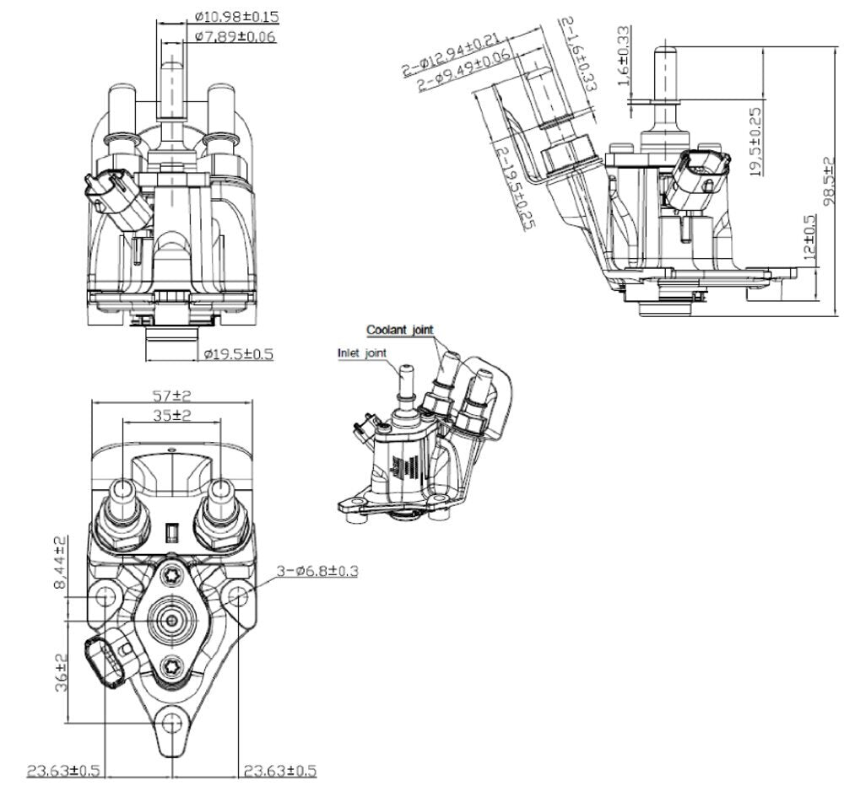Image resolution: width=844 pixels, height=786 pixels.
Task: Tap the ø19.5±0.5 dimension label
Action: pos(239,354)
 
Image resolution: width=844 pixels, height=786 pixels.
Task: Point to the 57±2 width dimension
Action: pos(172,396)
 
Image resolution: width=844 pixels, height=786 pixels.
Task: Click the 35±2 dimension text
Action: pos(172,415)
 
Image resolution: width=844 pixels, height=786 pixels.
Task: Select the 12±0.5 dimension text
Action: pos(810,237)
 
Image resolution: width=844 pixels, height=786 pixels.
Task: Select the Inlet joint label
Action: pos(362,353)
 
